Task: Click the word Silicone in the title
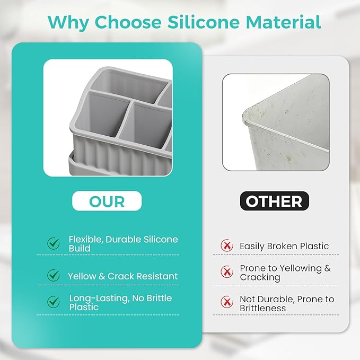pyautogui.click(x=204, y=22)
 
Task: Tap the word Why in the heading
pyautogui.click(x=68, y=23)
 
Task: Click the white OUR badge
pyautogui.click(x=107, y=201)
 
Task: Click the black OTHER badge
pyautogui.click(x=274, y=201)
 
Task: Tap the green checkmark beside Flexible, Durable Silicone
pyautogui.click(x=54, y=243)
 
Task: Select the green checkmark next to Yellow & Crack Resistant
pyautogui.click(x=54, y=275)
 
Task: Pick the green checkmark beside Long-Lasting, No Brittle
pyautogui.click(x=54, y=302)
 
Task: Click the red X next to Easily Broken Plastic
pyautogui.click(x=227, y=245)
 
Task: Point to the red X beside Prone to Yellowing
pyautogui.click(x=227, y=272)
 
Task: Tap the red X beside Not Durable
pyautogui.click(x=227, y=302)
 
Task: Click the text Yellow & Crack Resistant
pyautogui.click(x=122, y=276)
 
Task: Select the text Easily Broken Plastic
pyautogui.click(x=284, y=246)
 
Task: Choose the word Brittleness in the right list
pyautogui.click(x=262, y=308)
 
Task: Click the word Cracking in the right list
pyautogui.click(x=260, y=277)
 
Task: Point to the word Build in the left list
pyautogui.click(x=80, y=249)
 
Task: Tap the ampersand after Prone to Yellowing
pyautogui.click(x=328, y=268)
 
